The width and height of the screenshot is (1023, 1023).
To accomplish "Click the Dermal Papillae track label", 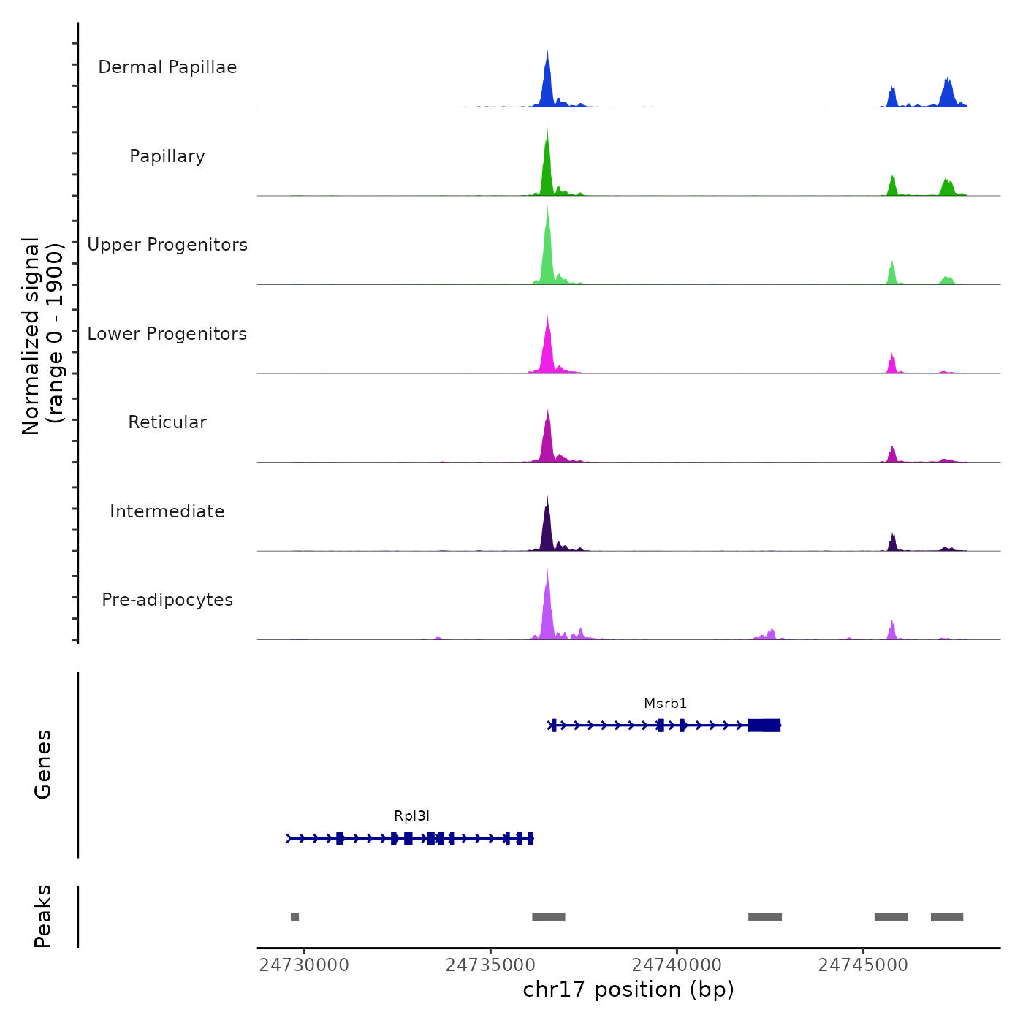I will pyautogui.click(x=167, y=67).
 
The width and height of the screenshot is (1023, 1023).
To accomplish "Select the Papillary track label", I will pyautogui.click(x=167, y=156).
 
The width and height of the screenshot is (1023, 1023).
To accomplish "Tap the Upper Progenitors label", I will pyautogui.click(x=167, y=245).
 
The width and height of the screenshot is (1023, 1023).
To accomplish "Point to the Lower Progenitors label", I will pyautogui.click(x=167, y=334).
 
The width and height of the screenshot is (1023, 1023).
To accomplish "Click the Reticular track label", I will pyautogui.click(x=167, y=422).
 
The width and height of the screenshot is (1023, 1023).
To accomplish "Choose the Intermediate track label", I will pyautogui.click(x=167, y=512).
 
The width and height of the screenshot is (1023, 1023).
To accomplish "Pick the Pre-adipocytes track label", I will pyautogui.click(x=167, y=600).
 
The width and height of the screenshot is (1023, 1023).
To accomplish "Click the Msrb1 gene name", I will pyautogui.click(x=665, y=704).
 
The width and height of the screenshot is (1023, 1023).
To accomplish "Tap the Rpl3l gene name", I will pyautogui.click(x=411, y=816).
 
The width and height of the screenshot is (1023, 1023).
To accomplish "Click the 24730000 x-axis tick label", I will pyautogui.click(x=304, y=965).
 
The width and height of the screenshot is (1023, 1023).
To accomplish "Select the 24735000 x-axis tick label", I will pyautogui.click(x=490, y=965).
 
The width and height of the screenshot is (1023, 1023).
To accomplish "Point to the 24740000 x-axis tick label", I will pyautogui.click(x=677, y=965).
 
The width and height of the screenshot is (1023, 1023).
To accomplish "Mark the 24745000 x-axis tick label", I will pyautogui.click(x=863, y=965).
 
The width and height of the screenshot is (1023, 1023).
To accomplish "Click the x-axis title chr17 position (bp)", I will pyautogui.click(x=628, y=989).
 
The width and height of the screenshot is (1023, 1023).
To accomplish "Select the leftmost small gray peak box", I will pyautogui.click(x=294, y=917).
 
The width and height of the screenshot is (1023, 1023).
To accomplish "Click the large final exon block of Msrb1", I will pyautogui.click(x=764, y=725).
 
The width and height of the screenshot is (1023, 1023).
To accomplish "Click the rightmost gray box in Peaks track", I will pyautogui.click(x=947, y=917).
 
